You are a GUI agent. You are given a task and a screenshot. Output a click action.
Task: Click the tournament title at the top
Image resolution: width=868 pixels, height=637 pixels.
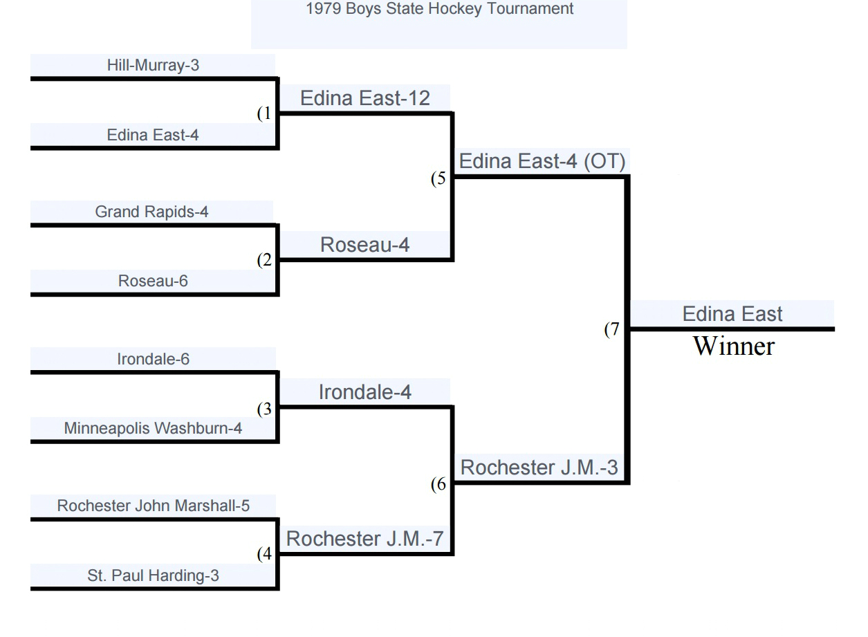tap(439, 8)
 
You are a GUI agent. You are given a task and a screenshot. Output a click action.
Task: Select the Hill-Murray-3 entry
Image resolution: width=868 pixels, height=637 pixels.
tap(153, 65)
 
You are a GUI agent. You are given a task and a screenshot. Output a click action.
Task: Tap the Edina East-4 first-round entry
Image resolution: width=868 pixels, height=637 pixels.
tap(153, 135)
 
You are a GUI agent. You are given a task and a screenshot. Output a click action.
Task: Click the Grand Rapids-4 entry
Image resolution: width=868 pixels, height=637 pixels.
tap(151, 212)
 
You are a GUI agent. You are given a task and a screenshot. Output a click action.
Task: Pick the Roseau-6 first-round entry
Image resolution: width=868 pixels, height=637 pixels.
tap(153, 281)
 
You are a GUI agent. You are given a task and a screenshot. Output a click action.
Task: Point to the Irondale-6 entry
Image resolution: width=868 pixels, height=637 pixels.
tap(153, 359)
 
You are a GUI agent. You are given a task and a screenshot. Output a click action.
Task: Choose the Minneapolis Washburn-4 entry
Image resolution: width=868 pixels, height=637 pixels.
tap(153, 428)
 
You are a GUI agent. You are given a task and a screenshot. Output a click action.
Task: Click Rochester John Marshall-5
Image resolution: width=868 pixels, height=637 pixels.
tap(153, 506)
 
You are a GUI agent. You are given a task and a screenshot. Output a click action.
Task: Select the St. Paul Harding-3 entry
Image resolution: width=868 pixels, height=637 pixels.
tap(153, 575)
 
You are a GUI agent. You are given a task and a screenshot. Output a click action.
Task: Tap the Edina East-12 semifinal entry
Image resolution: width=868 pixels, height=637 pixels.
tap(365, 98)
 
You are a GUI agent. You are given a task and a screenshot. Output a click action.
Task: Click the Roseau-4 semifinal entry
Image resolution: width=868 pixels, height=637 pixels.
tap(364, 245)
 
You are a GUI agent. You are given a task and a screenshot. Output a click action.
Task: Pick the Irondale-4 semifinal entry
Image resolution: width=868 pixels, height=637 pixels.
tap(364, 392)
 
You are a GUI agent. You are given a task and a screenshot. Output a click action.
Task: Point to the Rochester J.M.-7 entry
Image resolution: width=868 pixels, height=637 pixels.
tap(364, 539)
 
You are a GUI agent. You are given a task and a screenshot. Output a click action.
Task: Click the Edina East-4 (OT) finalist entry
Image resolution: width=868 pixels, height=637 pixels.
tap(542, 161)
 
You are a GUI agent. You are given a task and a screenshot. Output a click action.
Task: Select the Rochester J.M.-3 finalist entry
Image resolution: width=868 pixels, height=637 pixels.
tap(539, 468)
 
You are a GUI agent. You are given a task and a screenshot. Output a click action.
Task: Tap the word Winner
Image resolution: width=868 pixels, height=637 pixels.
tap(734, 346)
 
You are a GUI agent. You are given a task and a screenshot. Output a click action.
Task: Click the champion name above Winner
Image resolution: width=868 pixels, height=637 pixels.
tap(732, 314)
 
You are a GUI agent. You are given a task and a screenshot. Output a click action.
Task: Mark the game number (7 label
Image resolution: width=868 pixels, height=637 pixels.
tap(612, 329)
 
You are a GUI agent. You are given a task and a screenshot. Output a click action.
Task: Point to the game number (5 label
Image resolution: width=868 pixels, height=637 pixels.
tap(438, 178)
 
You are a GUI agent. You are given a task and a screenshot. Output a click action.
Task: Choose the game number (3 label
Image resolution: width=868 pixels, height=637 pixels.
tap(264, 409)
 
